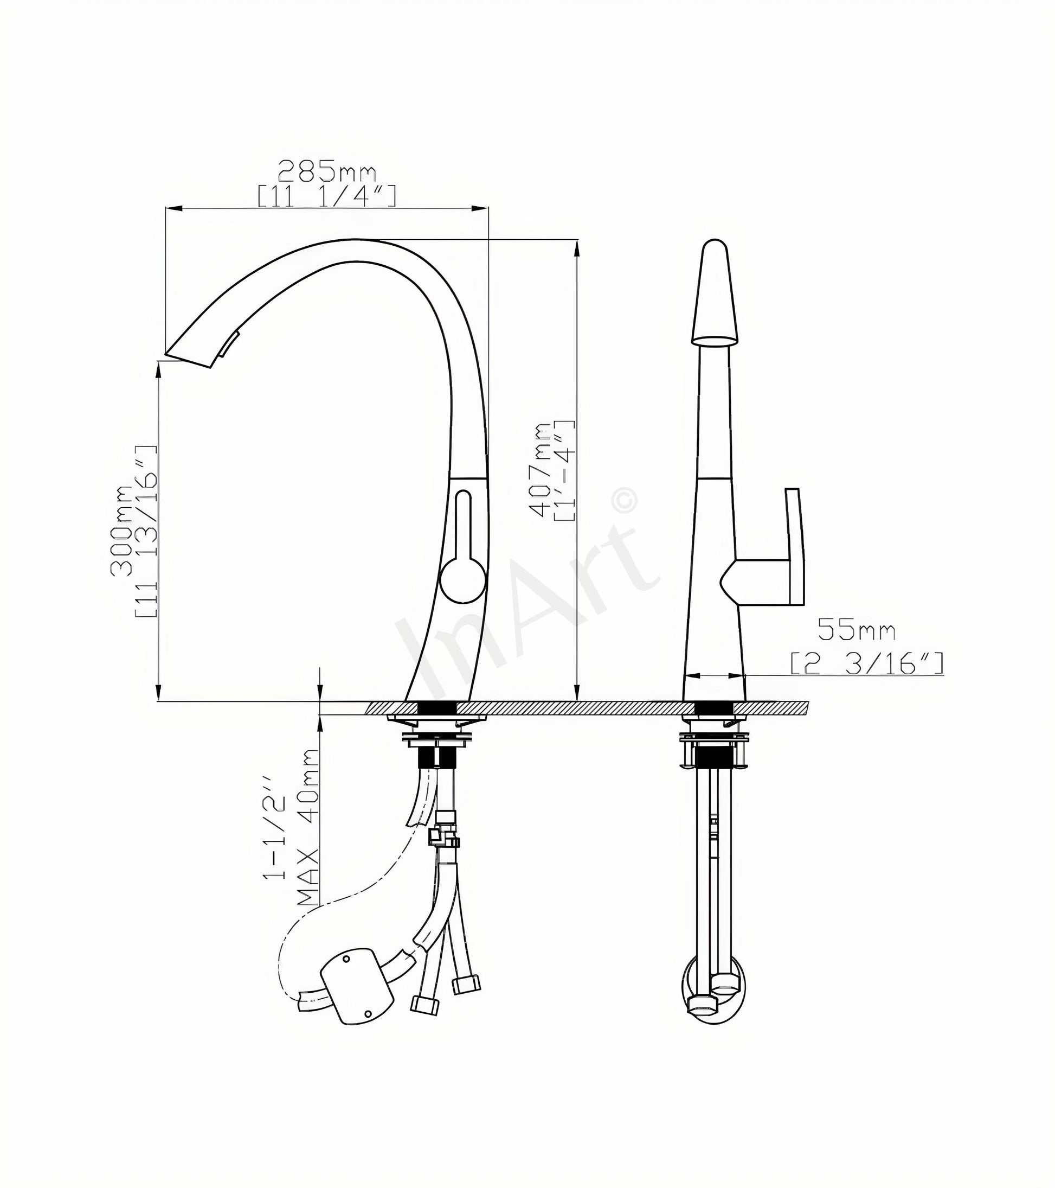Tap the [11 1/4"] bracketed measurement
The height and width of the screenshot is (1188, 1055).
point(327,196)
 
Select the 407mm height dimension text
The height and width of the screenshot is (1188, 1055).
point(541,469)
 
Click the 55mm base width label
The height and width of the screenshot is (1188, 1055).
point(857,629)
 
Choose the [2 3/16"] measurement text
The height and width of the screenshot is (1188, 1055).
point(866,663)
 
